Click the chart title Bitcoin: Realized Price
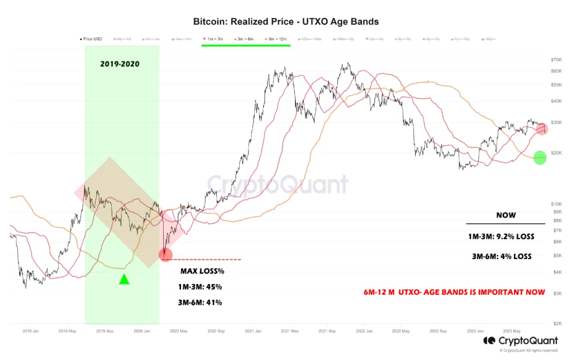[x=286, y=22]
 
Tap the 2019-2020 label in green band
[x=120, y=64]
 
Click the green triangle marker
[x=124, y=279]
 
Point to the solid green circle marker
[x=540, y=158]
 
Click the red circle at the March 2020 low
[x=165, y=255]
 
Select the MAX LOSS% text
[x=202, y=271]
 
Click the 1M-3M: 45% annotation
[x=197, y=287]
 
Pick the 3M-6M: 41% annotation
[x=197, y=303]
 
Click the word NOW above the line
[x=506, y=215]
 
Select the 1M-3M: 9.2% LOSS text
[x=501, y=237]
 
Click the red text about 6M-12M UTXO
[x=452, y=292]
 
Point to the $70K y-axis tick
[x=556, y=60]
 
